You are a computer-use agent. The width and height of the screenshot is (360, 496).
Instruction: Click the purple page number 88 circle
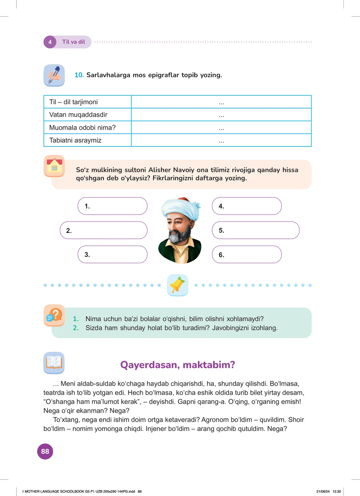[45, 451]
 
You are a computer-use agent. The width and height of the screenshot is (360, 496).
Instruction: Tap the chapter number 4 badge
[50, 42]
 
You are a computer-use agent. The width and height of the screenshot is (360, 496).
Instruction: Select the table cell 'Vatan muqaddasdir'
[87, 115]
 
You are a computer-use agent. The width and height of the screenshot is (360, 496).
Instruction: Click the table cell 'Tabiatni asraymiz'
[87, 140]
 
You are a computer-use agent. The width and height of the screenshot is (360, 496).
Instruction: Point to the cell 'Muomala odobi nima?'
[87, 128]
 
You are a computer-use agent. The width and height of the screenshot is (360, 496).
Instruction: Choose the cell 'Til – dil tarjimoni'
[87, 102]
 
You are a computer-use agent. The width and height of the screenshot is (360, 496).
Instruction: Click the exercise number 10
[79, 75]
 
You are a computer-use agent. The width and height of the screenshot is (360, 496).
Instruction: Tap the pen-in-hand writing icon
[54, 75]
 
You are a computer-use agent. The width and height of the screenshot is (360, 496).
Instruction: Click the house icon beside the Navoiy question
[54, 166]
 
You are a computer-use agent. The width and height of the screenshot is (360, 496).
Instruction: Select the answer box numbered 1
[112, 206]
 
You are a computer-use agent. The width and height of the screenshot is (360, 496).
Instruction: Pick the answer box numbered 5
[256, 230]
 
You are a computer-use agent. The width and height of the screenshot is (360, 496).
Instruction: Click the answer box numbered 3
[112, 255]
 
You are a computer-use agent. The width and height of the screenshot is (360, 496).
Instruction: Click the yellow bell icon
[178, 285]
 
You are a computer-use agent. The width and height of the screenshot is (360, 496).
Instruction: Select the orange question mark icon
[54, 315]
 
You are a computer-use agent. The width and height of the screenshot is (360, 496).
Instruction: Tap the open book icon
[54, 363]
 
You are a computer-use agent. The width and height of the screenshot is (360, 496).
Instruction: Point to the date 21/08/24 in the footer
[323, 491]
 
